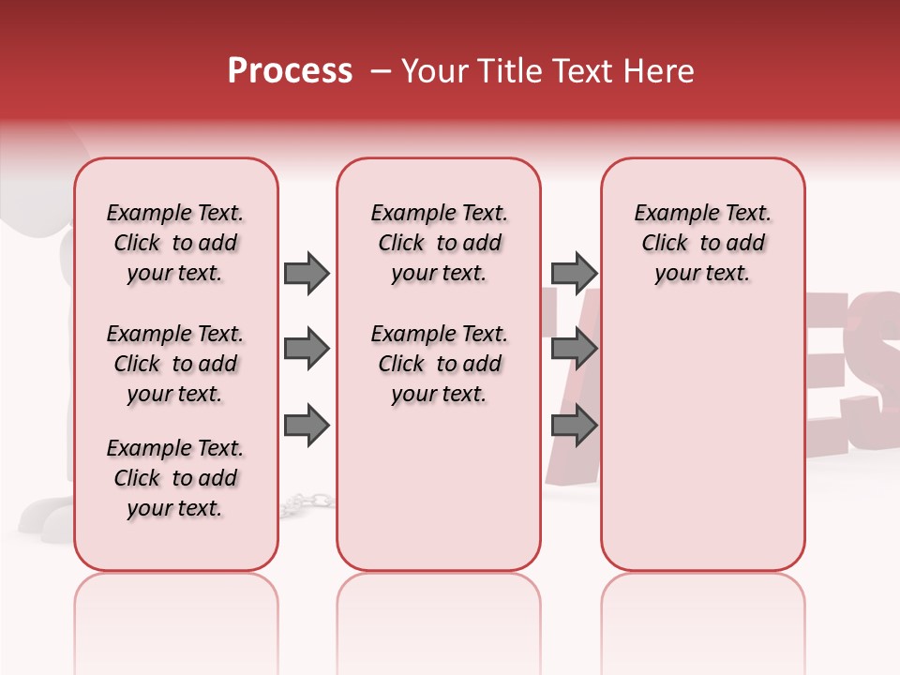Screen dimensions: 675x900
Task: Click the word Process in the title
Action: click(290, 70)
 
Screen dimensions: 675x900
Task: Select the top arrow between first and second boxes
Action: click(307, 273)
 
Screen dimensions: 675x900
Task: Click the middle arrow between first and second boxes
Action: click(307, 350)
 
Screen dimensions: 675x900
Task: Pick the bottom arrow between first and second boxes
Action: click(307, 427)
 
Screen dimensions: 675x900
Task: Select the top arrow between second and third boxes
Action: click(574, 273)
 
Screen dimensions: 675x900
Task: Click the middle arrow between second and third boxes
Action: click(574, 350)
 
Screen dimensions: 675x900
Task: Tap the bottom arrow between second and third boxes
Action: click(574, 427)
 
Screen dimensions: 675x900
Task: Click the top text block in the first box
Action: click(175, 243)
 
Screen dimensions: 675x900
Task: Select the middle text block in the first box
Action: click(175, 364)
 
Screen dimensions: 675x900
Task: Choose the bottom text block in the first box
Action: click(175, 478)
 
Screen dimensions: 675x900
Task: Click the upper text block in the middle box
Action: click(439, 243)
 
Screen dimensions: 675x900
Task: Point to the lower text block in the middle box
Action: click(439, 364)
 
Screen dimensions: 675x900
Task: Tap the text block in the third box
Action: click(703, 243)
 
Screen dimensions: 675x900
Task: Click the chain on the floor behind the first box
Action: click(306, 503)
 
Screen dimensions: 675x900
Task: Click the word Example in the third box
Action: click(669, 214)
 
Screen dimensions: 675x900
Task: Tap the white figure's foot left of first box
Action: click(42, 514)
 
